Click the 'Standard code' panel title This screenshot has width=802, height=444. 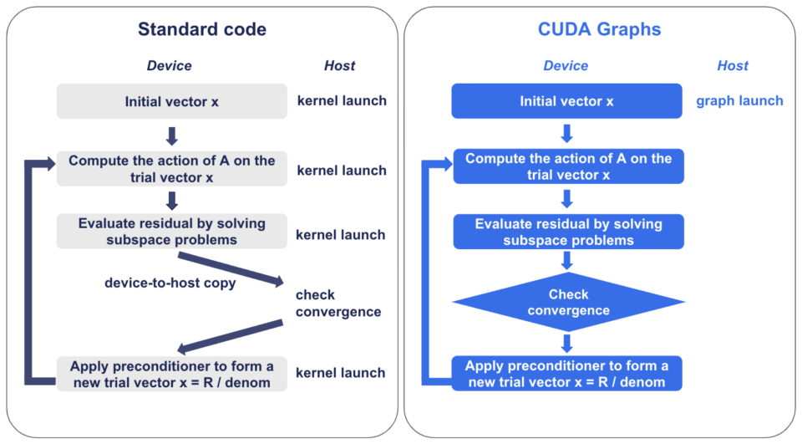point(202,29)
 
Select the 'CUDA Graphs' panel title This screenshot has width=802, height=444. point(599,29)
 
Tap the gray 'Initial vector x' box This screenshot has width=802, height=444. point(171,101)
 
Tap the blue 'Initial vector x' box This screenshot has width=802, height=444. point(566,101)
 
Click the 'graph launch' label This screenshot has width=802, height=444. point(739,101)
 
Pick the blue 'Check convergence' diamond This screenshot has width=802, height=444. point(568,303)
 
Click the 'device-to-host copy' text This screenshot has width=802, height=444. point(170,283)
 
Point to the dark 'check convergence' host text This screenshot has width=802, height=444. point(338,304)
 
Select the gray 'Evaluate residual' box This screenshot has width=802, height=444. point(171,232)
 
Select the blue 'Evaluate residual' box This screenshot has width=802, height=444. point(568,232)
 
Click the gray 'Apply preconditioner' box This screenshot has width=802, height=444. point(171,374)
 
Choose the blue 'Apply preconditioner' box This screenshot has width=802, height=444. point(566,374)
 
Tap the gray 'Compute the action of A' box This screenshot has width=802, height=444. point(171,169)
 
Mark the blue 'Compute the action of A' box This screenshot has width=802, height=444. point(568,166)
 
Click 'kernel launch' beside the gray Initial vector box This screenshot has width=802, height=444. point(342,101)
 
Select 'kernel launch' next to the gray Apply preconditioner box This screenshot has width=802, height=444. point(341,373)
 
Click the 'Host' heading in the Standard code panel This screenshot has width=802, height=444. point(339,66)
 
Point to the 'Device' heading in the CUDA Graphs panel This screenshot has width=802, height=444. point(566,66)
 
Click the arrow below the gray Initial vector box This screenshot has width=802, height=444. point(171,135)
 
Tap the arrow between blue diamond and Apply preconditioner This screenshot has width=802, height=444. point(567,343)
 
